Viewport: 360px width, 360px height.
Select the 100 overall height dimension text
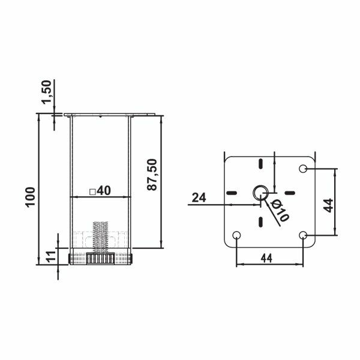32,196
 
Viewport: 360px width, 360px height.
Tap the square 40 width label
100,191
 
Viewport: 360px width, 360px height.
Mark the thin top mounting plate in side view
112,115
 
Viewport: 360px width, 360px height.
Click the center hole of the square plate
259,193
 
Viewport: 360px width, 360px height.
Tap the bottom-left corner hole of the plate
236,234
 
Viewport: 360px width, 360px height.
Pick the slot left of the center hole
230,193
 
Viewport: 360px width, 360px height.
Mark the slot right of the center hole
289,193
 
